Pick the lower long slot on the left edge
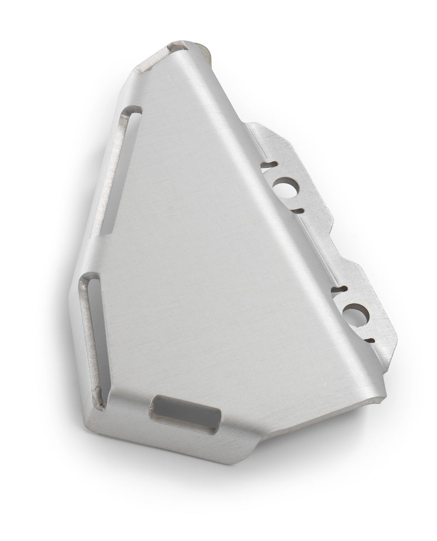pos(94,340)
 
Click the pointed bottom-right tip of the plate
pos(386,397)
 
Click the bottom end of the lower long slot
pos(100,401)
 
